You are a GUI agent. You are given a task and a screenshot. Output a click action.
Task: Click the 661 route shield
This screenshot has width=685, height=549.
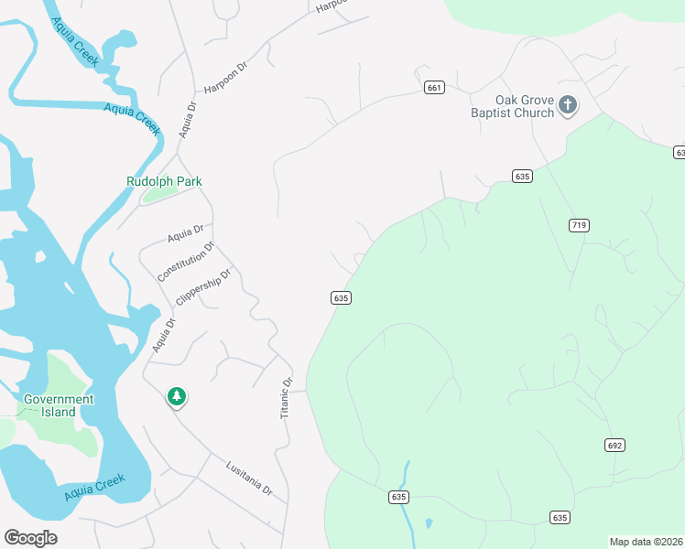[x=434, y=88]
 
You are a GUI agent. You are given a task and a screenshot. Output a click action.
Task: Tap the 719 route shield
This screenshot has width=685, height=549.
[x=579, y=225]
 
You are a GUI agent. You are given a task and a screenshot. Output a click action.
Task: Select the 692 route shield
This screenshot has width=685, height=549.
[x=614, y=445]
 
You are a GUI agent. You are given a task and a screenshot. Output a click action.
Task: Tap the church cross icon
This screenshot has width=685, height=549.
[x=568, y=105]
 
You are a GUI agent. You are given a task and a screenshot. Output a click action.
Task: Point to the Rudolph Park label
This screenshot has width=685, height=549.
[x=164, y=181]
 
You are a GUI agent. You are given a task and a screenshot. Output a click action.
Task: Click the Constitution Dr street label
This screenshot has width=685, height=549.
[x=186, y=262]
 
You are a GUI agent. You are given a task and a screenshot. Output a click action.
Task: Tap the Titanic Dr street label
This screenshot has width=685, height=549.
[x=286, y=398]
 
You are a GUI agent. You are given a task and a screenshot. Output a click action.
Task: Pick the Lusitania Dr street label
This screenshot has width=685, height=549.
[x=249, y=478]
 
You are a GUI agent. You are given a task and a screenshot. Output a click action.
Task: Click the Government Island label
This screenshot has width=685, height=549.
[x=59, y=405]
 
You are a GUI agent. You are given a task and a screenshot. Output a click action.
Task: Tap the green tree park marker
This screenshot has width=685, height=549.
[x=177, y=396]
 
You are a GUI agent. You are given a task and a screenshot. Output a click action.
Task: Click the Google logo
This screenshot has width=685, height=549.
[x=30, y=537]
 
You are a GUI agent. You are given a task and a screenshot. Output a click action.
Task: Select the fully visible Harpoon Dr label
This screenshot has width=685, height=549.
[x=226, y=77]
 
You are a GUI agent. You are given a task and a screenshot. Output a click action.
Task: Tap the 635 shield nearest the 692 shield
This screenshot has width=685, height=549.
[x=560, y=517]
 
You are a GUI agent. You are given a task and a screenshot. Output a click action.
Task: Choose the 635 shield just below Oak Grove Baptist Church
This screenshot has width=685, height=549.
[x=522, y=176]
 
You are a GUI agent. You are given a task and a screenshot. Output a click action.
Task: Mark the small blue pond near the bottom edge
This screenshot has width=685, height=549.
[x=429, y=524]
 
